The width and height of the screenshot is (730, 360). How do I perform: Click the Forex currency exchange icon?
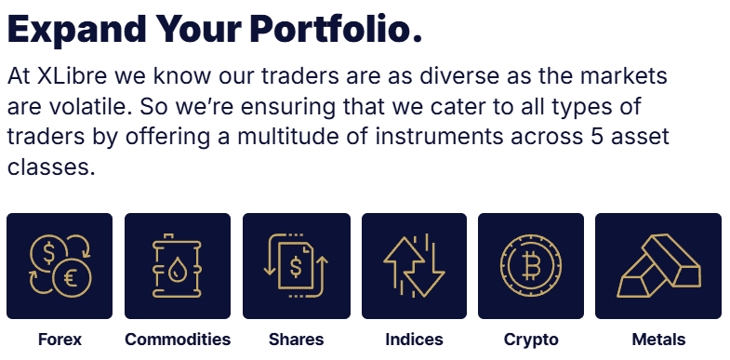click(x=60, y=267)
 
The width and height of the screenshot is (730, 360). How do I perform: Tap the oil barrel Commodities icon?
click(x=178, y=267)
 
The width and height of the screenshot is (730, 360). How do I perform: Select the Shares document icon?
click(x=296, y=267)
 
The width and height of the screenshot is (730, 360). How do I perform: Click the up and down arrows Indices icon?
click(x=414, y=267)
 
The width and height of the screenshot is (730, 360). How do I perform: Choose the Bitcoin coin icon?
click(x=531, y=267)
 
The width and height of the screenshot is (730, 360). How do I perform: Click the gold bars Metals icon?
click(x=657, y=267)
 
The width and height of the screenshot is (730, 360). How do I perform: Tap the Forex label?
click(x=60, y=340)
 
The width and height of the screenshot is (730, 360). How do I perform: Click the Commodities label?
click(x=178, y=340)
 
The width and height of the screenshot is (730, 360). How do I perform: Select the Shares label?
click(x=296, y=340)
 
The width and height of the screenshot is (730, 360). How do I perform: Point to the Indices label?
click(x=414, y=340)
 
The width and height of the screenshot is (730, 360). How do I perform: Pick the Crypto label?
click(x=531, y=340)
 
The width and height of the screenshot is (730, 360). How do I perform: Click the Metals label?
click(x=657, y=340)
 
